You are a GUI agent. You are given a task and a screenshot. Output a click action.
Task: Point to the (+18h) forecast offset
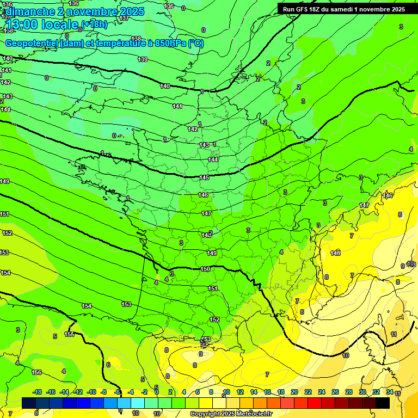point(94,24)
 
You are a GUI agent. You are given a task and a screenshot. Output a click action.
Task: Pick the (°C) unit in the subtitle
point(196,44)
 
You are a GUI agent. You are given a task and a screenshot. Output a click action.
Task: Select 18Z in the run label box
point(314,9)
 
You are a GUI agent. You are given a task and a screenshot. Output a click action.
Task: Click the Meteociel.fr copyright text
point(231,414)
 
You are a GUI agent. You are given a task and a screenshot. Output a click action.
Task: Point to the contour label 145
point(204,178)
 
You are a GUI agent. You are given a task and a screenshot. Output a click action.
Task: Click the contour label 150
point(205,269)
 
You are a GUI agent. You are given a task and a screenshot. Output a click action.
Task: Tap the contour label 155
point(69,334)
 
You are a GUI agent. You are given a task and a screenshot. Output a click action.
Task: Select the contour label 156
point(36,372)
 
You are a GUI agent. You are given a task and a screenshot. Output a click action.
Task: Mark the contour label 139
point(143,59)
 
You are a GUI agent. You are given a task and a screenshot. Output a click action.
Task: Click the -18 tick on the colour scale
point(38,392)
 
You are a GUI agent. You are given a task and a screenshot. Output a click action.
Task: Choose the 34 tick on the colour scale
point(390,392)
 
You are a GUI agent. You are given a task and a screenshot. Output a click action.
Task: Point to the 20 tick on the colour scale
point(294,392)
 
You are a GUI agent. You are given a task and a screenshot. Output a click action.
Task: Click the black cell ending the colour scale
point(383,403)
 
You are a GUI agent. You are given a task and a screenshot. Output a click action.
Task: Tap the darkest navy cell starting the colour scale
point(29,403)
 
